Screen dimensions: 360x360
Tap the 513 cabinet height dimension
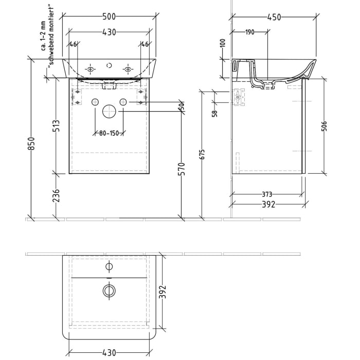coord(57,127)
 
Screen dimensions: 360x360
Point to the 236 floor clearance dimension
coord(57,196)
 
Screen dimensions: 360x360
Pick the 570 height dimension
coord(181,169)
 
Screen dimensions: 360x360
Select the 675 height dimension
coord(202,155)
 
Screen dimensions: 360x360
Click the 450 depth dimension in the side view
coord(274,17)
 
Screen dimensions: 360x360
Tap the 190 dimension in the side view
coord(249,32)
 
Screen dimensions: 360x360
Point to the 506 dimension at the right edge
coord(323,127)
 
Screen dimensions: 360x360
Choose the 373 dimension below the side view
coord(267,194)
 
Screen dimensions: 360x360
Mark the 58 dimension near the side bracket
coord(214,110)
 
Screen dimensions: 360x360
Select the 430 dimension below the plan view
coord(109,353)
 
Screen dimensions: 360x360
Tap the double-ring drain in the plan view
coord(109,291)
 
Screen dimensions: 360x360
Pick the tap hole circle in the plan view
coord(109,266)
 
